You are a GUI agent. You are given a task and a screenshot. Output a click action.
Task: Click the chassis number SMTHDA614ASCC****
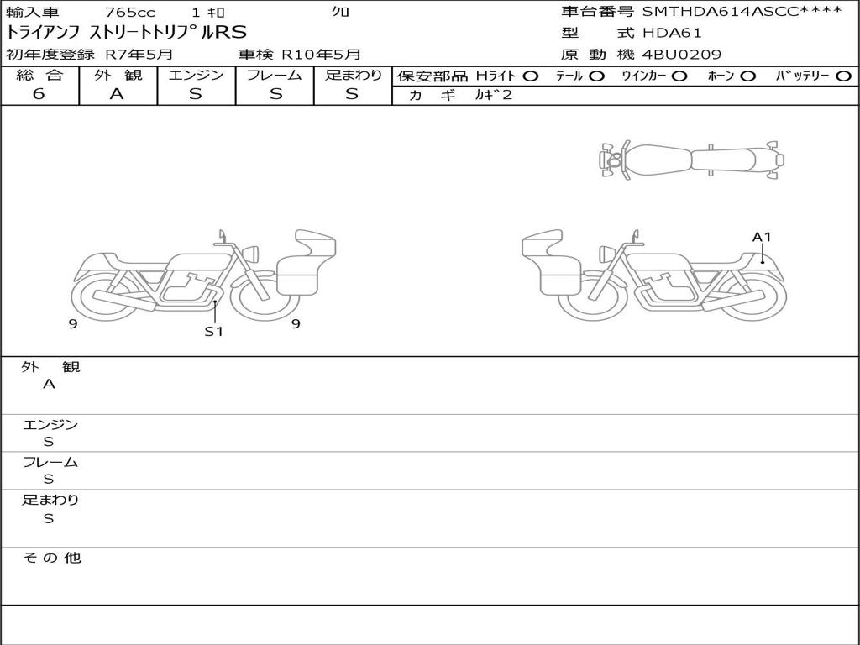pyautogui.click(x=742, y=11)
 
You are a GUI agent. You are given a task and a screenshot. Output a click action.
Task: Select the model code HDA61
pyautogui.click(x=672, y=33)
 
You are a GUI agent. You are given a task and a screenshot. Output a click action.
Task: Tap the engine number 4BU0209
pyautogui.click(x=682, y=55)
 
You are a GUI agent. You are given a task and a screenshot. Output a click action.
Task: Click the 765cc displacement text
pyautogui.click(x=130, y=12)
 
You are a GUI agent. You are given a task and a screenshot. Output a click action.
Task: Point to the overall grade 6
pyautogui.click(x=39, y=94)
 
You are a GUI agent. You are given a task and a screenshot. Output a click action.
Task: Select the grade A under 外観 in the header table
pyautogui.click(x=117, y=94)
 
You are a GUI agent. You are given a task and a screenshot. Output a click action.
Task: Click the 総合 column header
pyautogui.click(x=39, y=75)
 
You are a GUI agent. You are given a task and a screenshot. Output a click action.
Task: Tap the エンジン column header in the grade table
pyautogui.click(x=196, y=75)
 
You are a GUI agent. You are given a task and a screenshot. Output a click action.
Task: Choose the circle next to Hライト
pyautogui.click(x=531, y=76)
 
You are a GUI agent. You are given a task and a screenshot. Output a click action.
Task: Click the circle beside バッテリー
pyautogui.click(x=843, y=76)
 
